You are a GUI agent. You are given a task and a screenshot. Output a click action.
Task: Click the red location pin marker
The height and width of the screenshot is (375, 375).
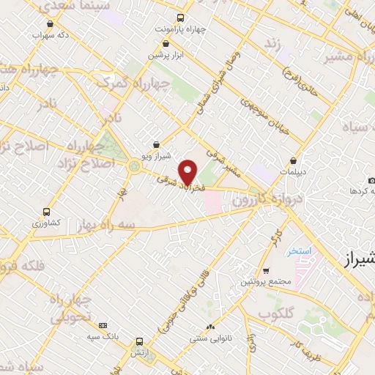coord(188,173)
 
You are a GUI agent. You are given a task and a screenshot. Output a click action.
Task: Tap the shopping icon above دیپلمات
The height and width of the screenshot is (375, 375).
coord(293,160)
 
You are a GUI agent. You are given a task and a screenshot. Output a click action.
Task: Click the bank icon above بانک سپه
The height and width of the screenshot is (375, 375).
coord(102,324)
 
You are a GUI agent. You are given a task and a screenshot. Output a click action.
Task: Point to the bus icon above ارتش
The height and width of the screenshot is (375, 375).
coord(138,341)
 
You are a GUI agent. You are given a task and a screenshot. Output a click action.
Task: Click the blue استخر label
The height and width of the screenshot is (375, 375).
coord(300,250)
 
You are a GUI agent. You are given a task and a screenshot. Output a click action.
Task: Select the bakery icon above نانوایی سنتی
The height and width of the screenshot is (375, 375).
coord(211,327)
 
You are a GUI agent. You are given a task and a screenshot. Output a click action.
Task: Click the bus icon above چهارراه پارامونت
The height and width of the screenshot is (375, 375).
coord(182,17)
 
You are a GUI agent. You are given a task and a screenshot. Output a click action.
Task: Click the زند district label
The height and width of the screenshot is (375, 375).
coord(273,46)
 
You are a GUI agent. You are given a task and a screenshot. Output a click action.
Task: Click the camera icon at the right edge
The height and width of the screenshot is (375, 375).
coord(371,180)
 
